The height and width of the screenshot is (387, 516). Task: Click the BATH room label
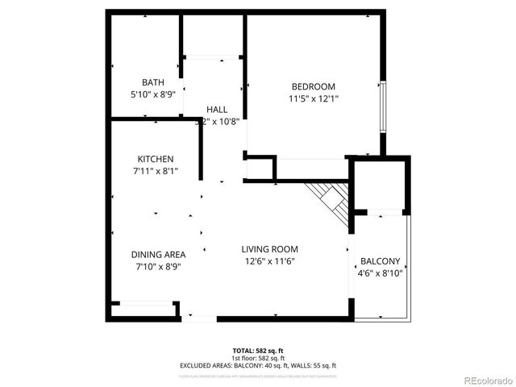tap(153, 82)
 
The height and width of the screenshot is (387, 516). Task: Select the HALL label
tap(216, 110)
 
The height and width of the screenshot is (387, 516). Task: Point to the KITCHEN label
tap(155, 159)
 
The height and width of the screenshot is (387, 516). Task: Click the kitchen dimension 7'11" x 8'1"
tap(155, 171)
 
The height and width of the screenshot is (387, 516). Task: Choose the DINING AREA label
tap(158, 254)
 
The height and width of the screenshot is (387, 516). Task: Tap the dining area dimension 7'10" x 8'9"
tap(158, 266)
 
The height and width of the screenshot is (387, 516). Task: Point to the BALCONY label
tap(380, 261)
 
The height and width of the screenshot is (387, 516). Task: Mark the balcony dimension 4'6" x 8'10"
tap(380, 273)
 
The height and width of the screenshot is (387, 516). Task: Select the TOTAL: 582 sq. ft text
tap(258, 351)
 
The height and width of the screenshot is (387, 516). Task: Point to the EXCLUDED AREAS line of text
tap(258, 365)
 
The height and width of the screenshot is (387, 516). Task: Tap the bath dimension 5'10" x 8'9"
tap(153, 94)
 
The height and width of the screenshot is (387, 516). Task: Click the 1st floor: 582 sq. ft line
tap(258, 358)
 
